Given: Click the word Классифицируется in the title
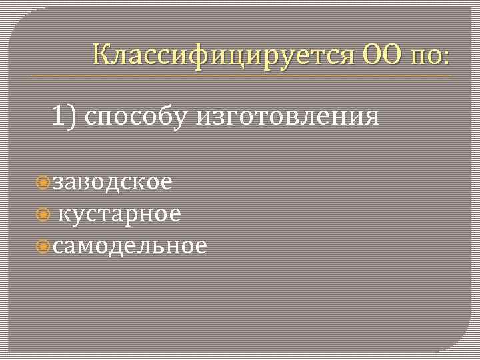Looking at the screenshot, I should pos(223,53).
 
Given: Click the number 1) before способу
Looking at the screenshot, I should pos(65,117).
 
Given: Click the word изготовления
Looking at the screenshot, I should pos(287,117).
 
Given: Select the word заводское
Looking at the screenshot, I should pos(113,182).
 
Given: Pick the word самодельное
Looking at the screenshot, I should pos(130,246).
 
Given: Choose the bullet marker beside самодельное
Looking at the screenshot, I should pos(44,247).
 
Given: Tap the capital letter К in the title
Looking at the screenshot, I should pos(102,53).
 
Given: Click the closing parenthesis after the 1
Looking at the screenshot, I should pos(73,117).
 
